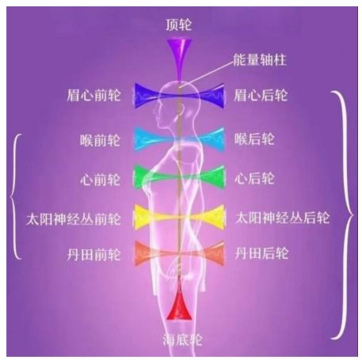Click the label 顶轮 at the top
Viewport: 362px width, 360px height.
pyautogui.click(x=178, y=25)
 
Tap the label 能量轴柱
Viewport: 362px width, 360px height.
pyautogui.click(x=260, y=60)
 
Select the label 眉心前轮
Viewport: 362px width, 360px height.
pyautogui.click(x=93, y=95)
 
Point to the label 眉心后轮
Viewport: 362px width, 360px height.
pyautogui.click(x=261, y=95)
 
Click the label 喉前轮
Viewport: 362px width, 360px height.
pyautogui.click(x=101, y=140)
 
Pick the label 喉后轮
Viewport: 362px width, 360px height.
pyautogui.click(x=254, y=138)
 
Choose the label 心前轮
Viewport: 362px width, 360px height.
pyautogui.click(x=101, y=180)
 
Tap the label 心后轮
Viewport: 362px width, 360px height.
pyautogui.click(x=254, y=179)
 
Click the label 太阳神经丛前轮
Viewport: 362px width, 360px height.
pyautogui.click(x=74, y=219)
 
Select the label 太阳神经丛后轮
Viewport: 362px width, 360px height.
pyautogui.click(x=282, y=218)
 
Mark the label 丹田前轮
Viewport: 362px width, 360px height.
pyautogui.click(x=93, y=255)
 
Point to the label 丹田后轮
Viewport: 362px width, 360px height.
pyautogui.click(x=261, y=253)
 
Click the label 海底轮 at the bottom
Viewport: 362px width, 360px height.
pyautogui.click(x=182, y=339)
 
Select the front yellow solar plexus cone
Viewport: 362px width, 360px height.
pyautogui.click(x=148, y=217)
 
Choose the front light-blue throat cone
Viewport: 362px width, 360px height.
pyautogui.click(x=148, y=139)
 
